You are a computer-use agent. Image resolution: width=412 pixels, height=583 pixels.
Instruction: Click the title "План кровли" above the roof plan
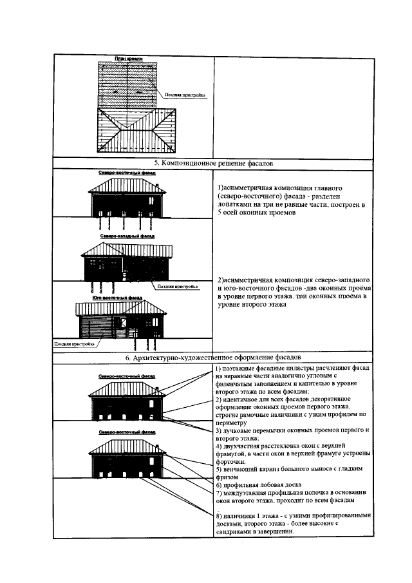coord(127,59)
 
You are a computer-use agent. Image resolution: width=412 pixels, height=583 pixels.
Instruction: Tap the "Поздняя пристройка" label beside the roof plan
coord(185,96)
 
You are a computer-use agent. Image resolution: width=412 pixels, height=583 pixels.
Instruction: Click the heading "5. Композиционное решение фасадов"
coord(214,164)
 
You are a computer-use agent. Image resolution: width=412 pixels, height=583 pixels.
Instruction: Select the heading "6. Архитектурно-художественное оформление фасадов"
coord(214,357)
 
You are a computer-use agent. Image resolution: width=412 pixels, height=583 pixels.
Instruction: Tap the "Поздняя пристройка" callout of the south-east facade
coord(74,344)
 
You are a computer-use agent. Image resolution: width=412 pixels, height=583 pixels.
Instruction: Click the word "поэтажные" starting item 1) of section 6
coord(241,368)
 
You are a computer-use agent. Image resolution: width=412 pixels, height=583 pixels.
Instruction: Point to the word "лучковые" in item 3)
coord(239,430)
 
